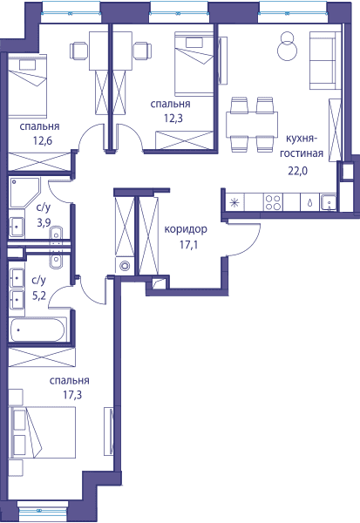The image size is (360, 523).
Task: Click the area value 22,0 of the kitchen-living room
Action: pos(297,171)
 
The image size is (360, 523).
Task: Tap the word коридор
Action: pos(186,230)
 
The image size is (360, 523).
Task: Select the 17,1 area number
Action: pos(188,245)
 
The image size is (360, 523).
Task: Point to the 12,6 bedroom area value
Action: pos(43,141)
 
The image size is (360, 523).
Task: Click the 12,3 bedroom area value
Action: pos(173,118)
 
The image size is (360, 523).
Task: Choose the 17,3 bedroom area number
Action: pos(72,395)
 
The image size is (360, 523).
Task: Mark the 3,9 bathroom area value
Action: pos(44,222)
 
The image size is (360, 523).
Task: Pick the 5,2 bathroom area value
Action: pos(39,295)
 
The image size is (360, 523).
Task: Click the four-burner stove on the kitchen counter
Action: pos(274,202)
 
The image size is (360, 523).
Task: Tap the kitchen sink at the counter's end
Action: pos(329,202)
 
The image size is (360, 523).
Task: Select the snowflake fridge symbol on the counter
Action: pos(234,203)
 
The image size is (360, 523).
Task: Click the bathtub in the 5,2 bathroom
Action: pos(37,329)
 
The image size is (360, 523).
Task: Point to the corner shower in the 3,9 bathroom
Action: pos(24,193)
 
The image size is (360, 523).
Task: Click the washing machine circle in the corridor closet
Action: pos(126,266)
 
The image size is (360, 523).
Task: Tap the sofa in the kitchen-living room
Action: pos(323,60)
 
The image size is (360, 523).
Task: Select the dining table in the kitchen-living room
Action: pos(252,125)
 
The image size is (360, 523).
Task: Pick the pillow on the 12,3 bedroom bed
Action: pos(194,43)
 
